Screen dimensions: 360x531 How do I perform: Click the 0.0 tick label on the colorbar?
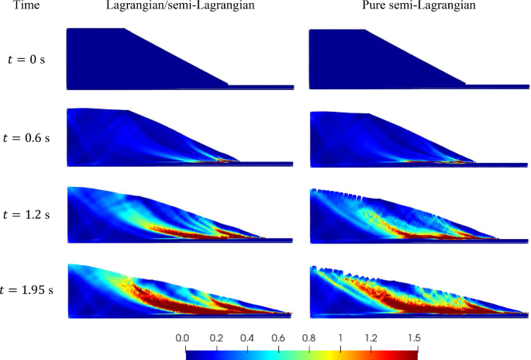[183, 338]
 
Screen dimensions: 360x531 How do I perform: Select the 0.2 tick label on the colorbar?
[216, 338]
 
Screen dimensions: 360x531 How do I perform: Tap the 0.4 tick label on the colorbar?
[247, 338]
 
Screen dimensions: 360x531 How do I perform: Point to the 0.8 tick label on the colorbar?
[309, 338]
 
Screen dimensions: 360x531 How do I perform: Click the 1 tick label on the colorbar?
[341, 338]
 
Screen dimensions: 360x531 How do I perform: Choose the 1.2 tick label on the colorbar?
[371, 338]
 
